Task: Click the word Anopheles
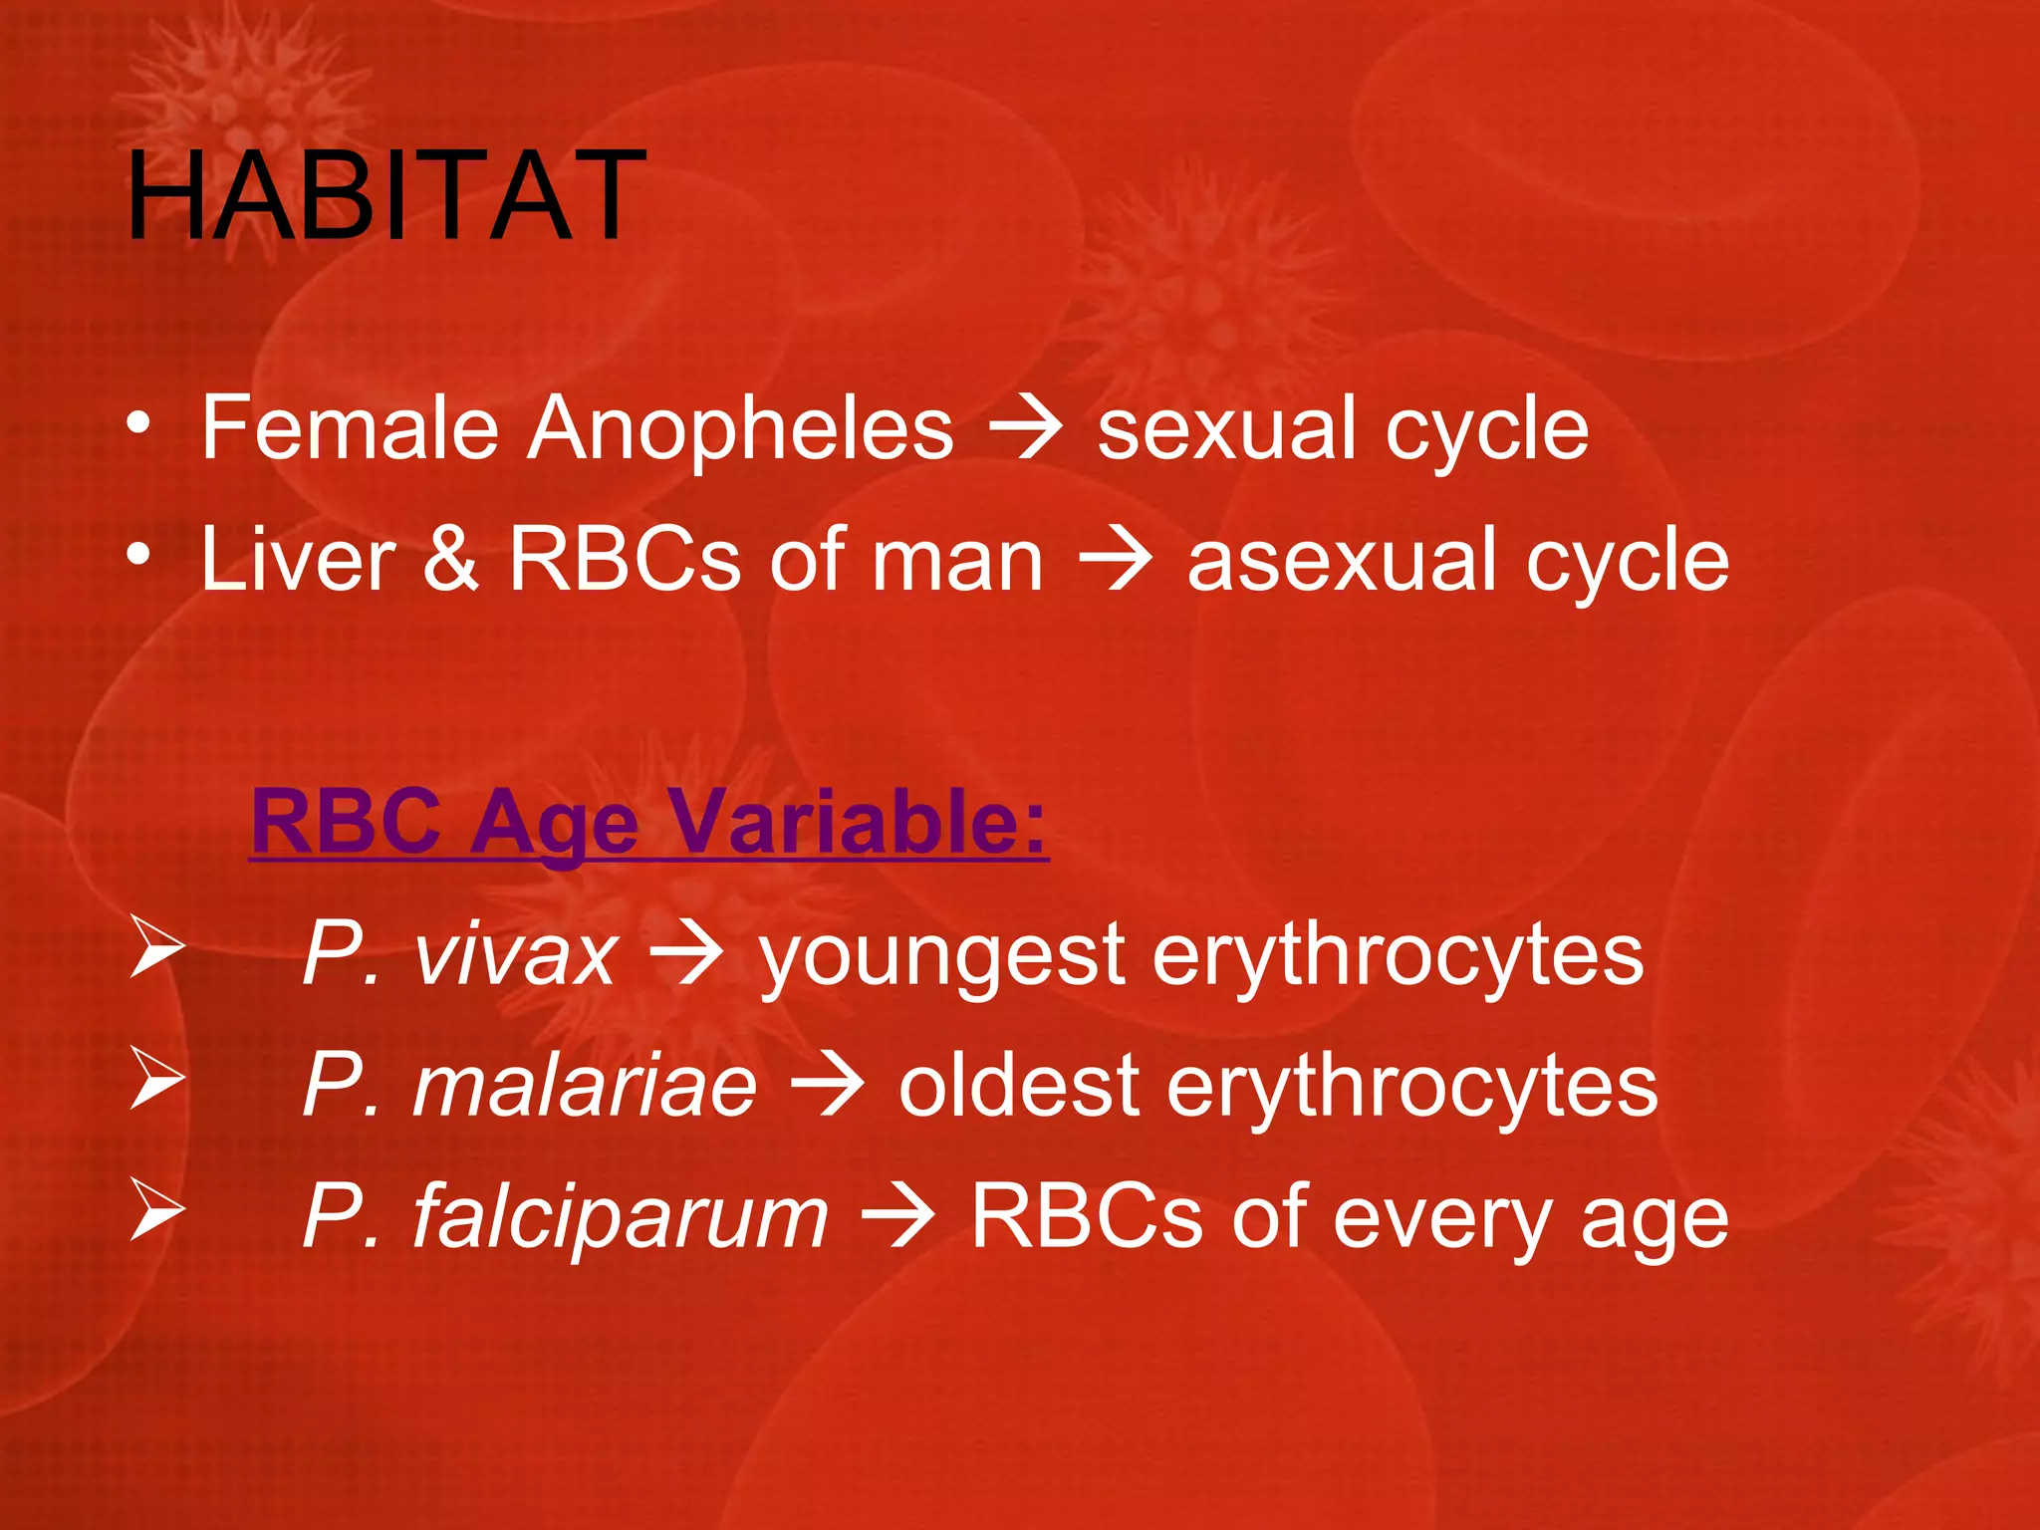point(740,428)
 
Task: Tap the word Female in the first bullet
point(350,428)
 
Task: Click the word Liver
point(298,560)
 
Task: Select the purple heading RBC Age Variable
point(649,822)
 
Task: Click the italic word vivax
point(515,954)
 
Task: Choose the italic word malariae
point(585,1086)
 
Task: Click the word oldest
point(1018,1086)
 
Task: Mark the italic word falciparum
point(620,1217)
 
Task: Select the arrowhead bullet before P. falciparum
point(157,1210)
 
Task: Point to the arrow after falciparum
point(897,1217)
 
